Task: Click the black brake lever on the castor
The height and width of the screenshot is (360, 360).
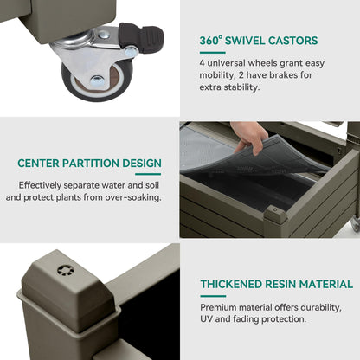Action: (141, 37)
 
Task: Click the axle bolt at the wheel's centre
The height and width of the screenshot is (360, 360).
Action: (97, 81)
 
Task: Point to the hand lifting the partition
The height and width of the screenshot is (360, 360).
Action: (248, 137)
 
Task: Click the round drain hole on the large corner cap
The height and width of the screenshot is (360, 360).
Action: (66, 271)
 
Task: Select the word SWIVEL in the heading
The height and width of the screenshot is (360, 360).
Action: (245, 41)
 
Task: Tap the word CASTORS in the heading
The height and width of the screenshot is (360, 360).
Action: (292, 41)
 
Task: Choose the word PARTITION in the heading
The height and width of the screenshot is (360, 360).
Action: (91, 164)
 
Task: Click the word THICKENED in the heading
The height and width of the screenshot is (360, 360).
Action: (231, 284)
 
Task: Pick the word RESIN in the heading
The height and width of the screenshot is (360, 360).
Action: (280, 284)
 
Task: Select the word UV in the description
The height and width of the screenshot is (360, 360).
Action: (206, 319)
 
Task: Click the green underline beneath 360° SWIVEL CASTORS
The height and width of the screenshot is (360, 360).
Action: (212, 53)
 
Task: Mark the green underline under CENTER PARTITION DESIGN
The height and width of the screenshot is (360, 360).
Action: (148, 174)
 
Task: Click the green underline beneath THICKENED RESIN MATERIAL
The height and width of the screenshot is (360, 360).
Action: (213, 296)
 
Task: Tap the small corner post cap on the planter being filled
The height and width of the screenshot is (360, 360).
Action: (275, 214)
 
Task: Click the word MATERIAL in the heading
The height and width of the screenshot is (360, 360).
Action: (326, 284)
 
